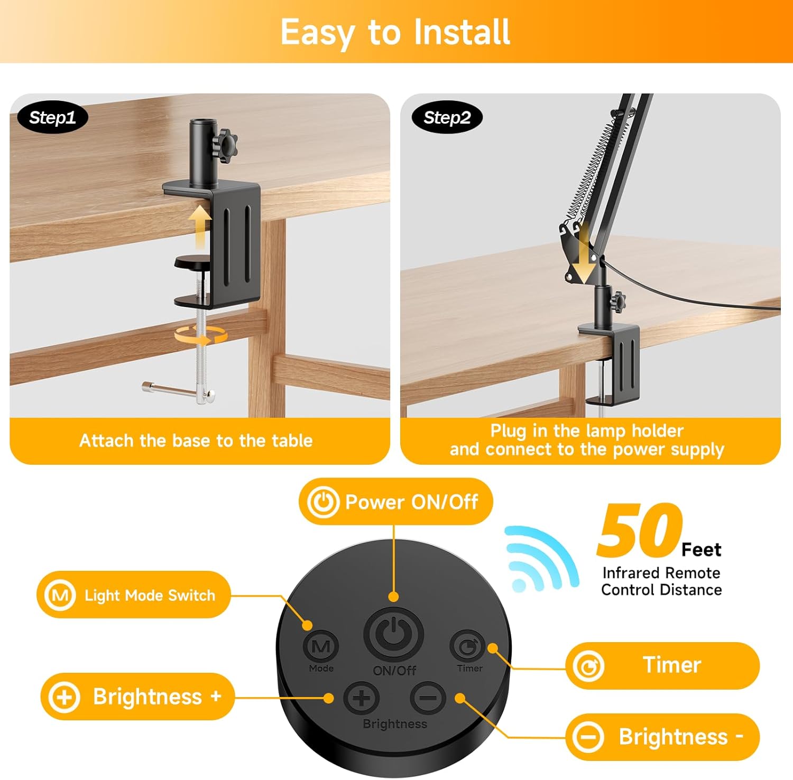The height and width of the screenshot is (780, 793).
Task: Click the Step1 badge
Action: click(52, 117)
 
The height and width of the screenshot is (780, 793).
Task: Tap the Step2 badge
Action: click(447, 117)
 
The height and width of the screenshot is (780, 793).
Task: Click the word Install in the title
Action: click(462, 32)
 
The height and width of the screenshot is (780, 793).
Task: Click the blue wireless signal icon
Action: click(539, 559)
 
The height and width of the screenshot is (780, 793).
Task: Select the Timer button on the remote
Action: click(468, 645)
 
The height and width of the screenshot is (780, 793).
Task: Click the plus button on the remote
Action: click(362, 698)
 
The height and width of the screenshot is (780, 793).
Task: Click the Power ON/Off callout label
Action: click(395, 502)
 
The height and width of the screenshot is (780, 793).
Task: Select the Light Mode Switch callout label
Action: click(134, 595)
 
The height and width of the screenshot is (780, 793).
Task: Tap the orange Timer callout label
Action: click(662, 665)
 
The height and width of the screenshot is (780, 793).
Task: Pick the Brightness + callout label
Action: click(137, 697)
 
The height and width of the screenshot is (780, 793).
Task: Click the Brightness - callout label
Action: click(662, 737)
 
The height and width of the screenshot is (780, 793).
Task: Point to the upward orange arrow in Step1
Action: click(200, 226)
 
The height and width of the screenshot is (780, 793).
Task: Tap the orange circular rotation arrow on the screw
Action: click(201, 334)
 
